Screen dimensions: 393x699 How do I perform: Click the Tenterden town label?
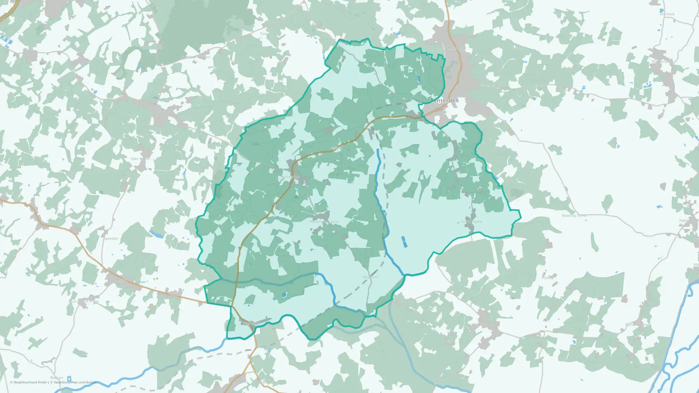[445, 101]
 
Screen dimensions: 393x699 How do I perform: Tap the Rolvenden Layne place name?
[324, 222]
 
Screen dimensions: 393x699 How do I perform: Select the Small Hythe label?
[471, 222]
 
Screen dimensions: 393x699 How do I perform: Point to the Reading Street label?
[574, 216]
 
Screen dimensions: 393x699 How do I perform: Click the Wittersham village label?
[481, 325]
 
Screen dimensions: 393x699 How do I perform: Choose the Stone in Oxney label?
[637, 325]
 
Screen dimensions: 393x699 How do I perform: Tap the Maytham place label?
[370, 277]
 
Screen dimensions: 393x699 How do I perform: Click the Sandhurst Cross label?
[85, 301]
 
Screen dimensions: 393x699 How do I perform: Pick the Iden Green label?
[140, 159]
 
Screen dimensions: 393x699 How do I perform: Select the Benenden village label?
[164, 111]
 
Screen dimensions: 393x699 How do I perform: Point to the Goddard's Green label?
[195, 57]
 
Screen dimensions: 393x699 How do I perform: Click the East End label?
[268, 34]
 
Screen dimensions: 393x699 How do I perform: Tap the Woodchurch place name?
[662, 61]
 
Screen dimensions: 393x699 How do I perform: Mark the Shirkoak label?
[667, 14]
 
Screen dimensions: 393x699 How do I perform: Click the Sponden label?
[111, 239]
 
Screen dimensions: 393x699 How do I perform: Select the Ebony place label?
[548, 278]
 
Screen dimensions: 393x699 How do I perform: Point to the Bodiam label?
[57, 378]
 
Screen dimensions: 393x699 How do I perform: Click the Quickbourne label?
[266, 382]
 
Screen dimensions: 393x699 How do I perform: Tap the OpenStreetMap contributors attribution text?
[75, 382]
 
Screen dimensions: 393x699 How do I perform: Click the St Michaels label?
[454, 48]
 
